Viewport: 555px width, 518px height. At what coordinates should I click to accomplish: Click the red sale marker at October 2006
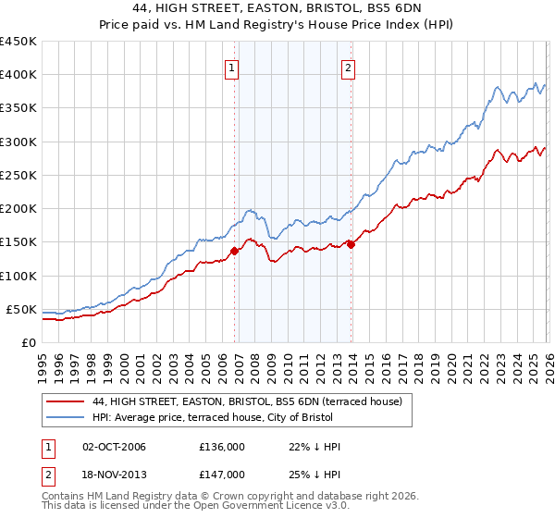[234, 251]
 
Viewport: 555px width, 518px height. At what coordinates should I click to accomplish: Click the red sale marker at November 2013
[351, 244]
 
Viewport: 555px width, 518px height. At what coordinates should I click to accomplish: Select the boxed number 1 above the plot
[230, 67]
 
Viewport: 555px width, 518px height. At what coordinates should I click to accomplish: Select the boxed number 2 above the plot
[348, 67]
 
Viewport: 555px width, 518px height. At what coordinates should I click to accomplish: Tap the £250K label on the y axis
[18, 175]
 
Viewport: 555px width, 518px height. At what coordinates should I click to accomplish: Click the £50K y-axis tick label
[21, 309]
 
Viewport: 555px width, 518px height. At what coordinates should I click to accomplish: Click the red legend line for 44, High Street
[67, 402]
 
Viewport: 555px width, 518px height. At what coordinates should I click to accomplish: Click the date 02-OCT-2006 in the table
[114, 447]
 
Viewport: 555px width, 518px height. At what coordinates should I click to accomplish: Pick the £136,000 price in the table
[222, 447]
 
